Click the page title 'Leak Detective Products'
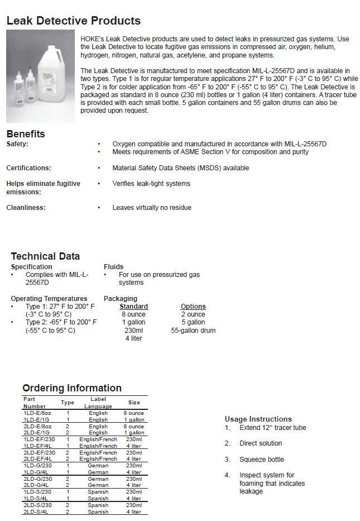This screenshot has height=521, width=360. coord(73,21)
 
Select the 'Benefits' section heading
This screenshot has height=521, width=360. coord(26,134)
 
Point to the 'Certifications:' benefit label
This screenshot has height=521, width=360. coord(28,168)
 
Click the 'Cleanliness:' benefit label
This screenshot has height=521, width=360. coord(26,208)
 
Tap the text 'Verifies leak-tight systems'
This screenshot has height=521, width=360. coord(151,184)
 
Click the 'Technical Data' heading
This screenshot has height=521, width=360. coord(45,256)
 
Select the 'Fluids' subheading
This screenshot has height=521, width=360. coord(113,267)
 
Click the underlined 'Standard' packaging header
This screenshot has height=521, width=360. coord(134,307)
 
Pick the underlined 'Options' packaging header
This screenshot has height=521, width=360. coord(193,307)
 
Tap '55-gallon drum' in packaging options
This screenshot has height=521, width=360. coord(193,331)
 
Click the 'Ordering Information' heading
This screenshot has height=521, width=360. coord(72,388)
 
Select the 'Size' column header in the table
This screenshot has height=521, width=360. coord(134,402)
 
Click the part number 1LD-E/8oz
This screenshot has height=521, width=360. coord(37,413)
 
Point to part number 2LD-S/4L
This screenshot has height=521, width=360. coord(36,512)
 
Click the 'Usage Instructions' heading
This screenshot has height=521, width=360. coord(258,419)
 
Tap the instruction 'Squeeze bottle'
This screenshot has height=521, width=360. coord(262,460)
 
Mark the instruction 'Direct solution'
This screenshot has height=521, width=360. coord(261,443)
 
